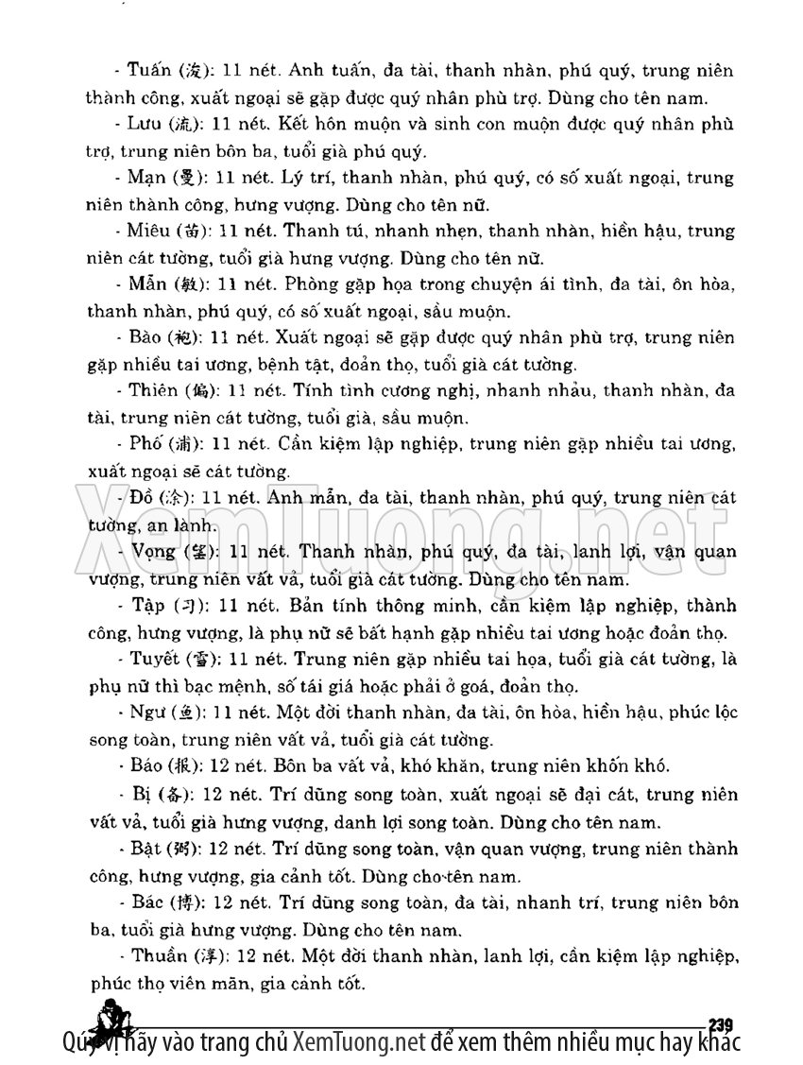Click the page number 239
click(721, 1023)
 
